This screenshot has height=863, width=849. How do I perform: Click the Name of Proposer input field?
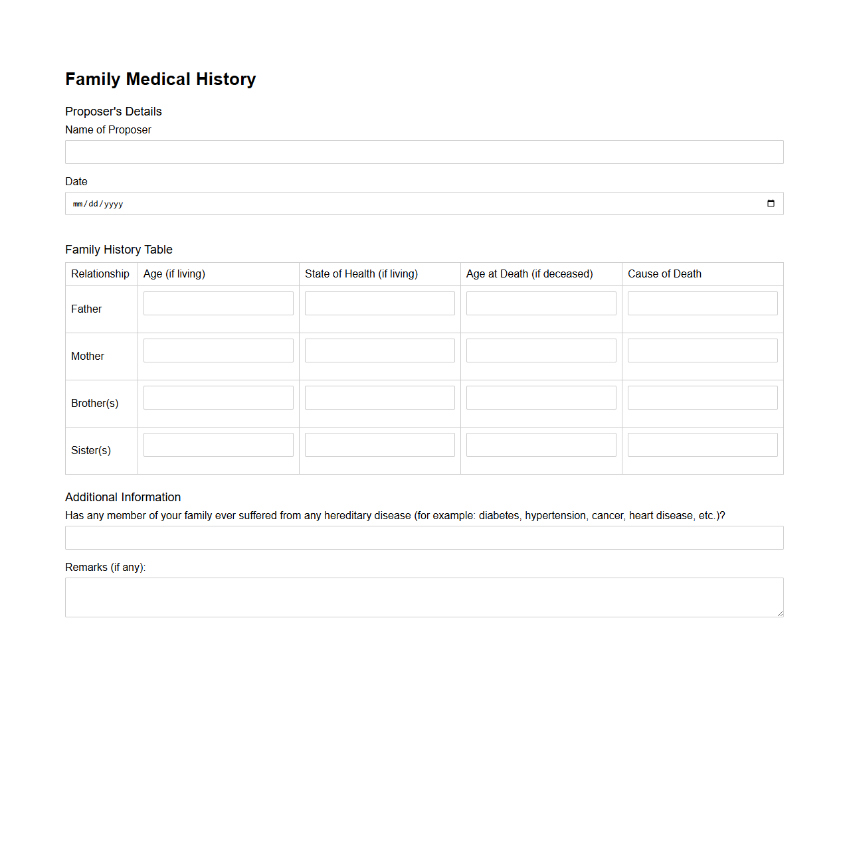pyautogui.click(x=424, y=152)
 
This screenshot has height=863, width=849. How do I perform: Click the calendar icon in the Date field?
pyautogui.click(x=771, y=204)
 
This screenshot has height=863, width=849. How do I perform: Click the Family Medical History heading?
pyautogui.click(x=160, y=79)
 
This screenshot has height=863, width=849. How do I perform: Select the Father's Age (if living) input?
pyautogui.click(x=218, y=303)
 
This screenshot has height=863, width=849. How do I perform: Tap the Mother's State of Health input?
pyautogui.click(x=379, y=351)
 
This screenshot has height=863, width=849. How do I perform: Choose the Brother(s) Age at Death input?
pyautogui.click(x=541, y=398)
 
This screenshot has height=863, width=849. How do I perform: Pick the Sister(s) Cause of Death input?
pyautogui.click(x=702, y=445)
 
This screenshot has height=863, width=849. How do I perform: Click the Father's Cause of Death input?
pyautogui.click(x=702, y=303)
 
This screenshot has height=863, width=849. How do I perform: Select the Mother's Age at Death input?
pyautogui.click(x=541, y=351)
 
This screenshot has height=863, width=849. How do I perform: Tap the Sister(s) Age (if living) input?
pyautogui.click(x=218, y=445)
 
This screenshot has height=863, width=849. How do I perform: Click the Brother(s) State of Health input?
pyautogui.click(x=379, y=398)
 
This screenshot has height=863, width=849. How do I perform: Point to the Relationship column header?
pyautogui.click(x=100, y=274)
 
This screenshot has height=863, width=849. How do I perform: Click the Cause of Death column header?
pyautogui.click(x=664, y=274)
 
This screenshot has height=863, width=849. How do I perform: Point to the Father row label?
pyautogui.click(x=86, y=309)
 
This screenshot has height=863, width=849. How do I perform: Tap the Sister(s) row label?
pyautogui.click(x=91, y=451)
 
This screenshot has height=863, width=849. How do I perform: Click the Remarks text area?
pyautogui.click(x=424, y=597)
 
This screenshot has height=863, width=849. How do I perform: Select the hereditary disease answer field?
pyautogui.click(x=424, y=538)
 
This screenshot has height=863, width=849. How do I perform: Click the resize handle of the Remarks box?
pyautogui.click(x=780, y=613)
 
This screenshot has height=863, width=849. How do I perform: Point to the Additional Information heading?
pyautogui.click(x=123, y=497)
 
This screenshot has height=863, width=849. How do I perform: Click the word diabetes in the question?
pyautogui.click(x=499, y=516)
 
